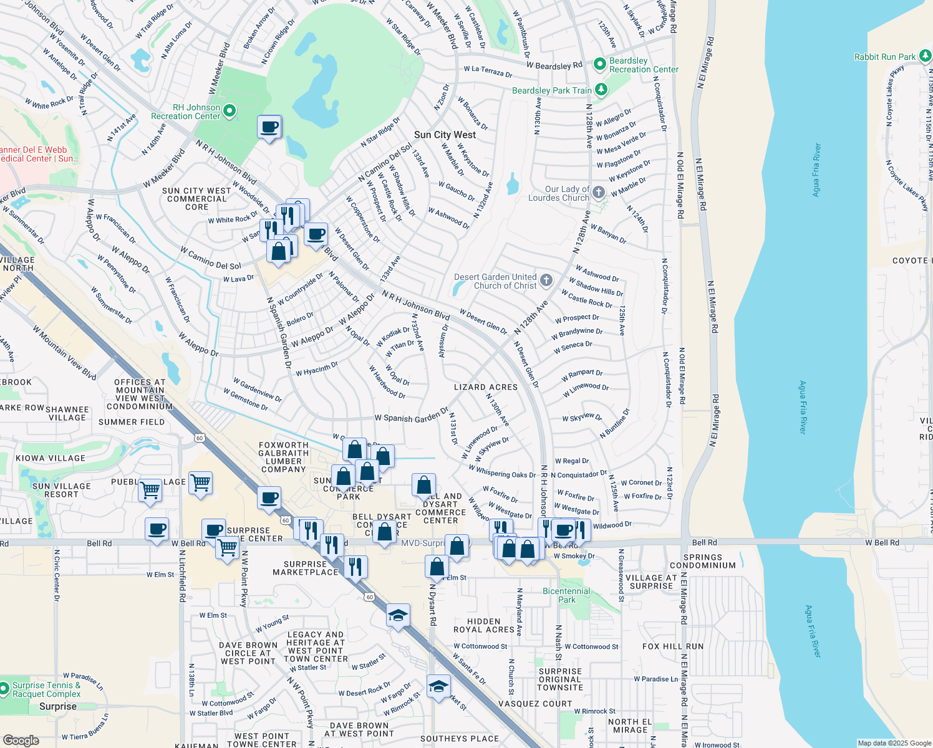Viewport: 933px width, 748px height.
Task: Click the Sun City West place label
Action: pos(445,135)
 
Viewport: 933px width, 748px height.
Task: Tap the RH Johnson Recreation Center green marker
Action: pos(230,112)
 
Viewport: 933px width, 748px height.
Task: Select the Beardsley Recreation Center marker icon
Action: pos(600,64)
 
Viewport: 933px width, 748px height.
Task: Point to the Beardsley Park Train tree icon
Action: pos(601,90)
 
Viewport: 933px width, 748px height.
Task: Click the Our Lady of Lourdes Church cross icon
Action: pos(599,192)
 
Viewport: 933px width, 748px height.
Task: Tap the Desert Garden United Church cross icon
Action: pos(546,280)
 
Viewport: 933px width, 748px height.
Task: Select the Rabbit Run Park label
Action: pos(884,57)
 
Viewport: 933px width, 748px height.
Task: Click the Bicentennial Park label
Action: pos(566,595)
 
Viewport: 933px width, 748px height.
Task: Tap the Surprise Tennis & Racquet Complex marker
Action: pos(4,689)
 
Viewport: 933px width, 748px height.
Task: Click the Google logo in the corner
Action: pos(21,740)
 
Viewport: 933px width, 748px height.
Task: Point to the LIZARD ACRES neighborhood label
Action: pos(486,387)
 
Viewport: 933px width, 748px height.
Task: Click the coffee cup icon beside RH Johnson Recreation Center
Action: pos(269,127)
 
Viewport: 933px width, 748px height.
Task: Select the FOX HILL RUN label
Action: pos(673,646)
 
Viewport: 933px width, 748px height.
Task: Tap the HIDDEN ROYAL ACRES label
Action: pos(484,625)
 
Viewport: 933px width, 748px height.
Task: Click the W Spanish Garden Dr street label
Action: pos(411,416)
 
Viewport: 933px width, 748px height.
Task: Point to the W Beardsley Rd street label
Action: pos(554,65)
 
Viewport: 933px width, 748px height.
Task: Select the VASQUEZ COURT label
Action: pos(535,704)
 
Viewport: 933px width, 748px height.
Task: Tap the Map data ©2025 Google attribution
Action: pos(894,743)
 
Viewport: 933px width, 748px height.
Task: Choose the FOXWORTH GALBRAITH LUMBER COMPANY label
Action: pos(284,457)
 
